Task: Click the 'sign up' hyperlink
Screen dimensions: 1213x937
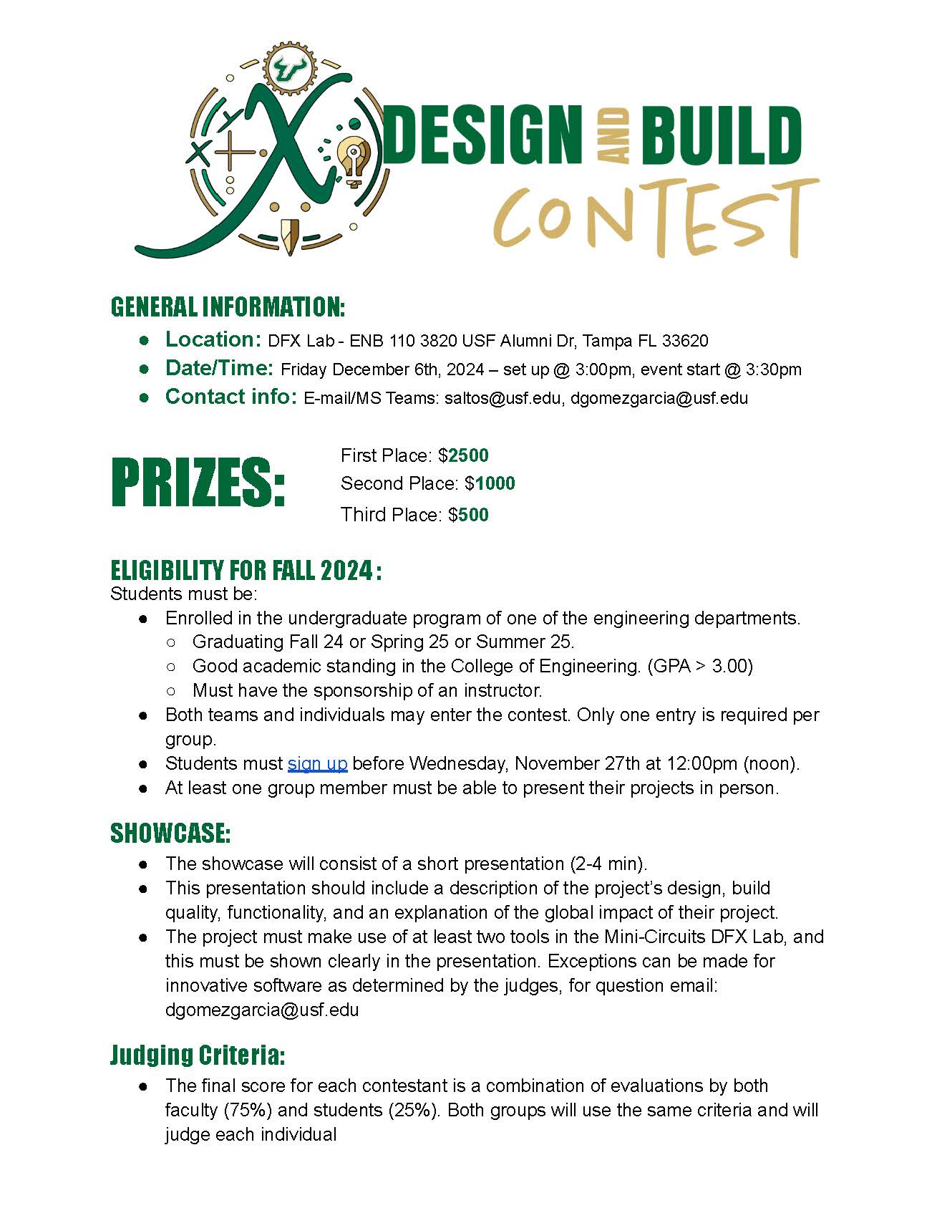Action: click(x=317, y=763)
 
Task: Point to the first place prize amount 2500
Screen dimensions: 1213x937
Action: click(x=468, y=455)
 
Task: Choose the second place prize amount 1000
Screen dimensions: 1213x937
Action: click(x=495, y=483)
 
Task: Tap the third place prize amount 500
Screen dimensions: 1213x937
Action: click(x=473, y=515)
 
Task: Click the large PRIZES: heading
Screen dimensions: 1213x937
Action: click(x=198, y=483)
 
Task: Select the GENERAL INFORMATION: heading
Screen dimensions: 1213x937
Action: click(x=228, y=307)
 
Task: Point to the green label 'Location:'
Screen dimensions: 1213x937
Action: click(x=213, y=339)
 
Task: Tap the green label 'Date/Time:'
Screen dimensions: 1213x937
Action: click(x=219, y=368)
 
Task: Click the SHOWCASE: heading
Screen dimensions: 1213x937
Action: click(x=170, y=833)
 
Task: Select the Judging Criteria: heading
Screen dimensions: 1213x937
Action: click(x=198, y=1055)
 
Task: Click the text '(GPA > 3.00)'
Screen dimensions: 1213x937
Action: click(x=699, y=666)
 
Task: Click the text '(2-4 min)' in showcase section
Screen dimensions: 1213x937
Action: click(x=608, y=864)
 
